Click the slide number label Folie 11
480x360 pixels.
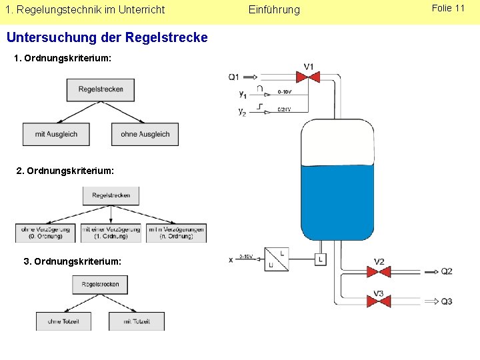(x=448, y=9)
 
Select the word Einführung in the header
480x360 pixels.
(x=274, y=10)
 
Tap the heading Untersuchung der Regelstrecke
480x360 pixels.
(x=107, y=38)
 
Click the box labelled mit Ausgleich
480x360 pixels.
(x=56, y=134)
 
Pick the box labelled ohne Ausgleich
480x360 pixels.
(x=145, y=134)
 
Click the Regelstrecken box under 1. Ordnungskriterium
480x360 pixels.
(x=100, y=89)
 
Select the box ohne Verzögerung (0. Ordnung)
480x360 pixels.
(x=46, y=233)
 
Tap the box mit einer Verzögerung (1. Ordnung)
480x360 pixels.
(x=111, y=233)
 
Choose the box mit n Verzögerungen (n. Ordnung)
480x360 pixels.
(x=176, y=233)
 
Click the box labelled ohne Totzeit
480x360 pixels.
(x=63, y=321)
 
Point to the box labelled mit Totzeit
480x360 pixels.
(x=137, y=321)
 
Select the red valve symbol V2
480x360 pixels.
(x=379, y=271)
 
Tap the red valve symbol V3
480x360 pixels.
(x=379, y=301)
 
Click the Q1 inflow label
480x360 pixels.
(x=234, y=77)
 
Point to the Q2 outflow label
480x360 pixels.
(x=446, y=271)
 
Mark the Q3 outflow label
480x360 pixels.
(x=446, y=301)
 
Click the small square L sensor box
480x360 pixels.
(x=321, y=259)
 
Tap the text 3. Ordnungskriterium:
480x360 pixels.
(x=73, y=261)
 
